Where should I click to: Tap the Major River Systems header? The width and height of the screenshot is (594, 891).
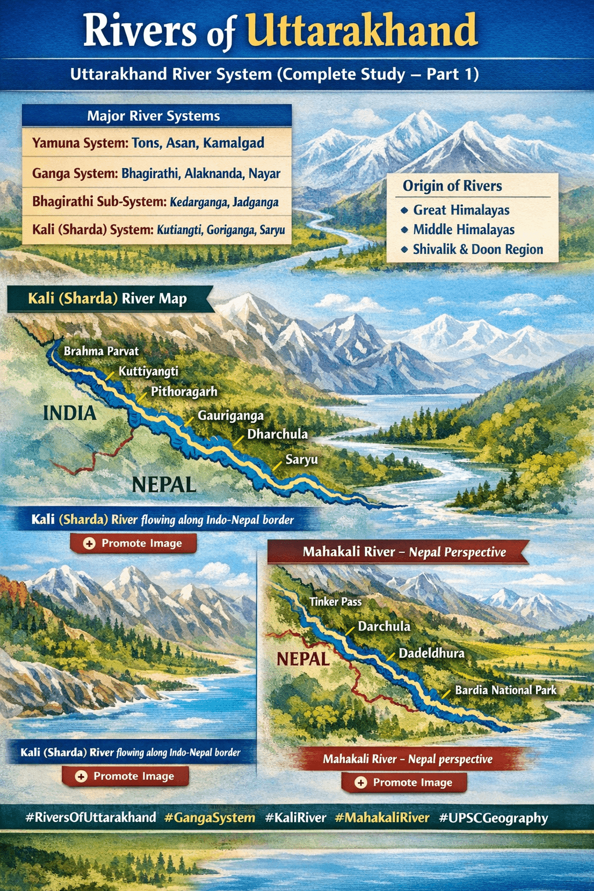click(154, 116)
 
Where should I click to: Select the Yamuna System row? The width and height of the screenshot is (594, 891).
click(148, 143)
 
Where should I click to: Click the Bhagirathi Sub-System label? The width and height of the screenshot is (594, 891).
click(99, 202)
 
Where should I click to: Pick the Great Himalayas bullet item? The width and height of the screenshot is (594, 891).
click(461, 210)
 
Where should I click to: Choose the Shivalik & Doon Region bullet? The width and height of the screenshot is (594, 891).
click(478, 249)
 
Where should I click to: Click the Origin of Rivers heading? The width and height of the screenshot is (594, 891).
click(452, 186)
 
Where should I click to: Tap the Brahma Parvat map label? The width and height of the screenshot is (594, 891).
click(102, 351)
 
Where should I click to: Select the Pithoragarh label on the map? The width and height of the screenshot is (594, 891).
click(184, 392)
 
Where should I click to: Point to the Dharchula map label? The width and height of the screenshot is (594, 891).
click(277, 434)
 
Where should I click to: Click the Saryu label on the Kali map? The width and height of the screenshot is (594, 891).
click(302, 459)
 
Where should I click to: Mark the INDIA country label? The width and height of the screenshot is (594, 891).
click(70, 413)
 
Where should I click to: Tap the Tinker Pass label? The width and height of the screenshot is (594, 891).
click(335, 602)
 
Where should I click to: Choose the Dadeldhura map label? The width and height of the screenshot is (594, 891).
click(432, 653)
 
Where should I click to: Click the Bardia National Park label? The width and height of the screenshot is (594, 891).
click(505, 690)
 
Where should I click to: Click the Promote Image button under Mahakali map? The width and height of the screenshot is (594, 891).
click(404, 783)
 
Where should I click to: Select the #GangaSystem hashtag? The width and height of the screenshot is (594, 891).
click(209, 818)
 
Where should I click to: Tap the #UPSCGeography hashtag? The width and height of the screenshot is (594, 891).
click(494, 818)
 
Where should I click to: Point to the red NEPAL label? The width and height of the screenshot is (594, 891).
click(303, 659)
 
